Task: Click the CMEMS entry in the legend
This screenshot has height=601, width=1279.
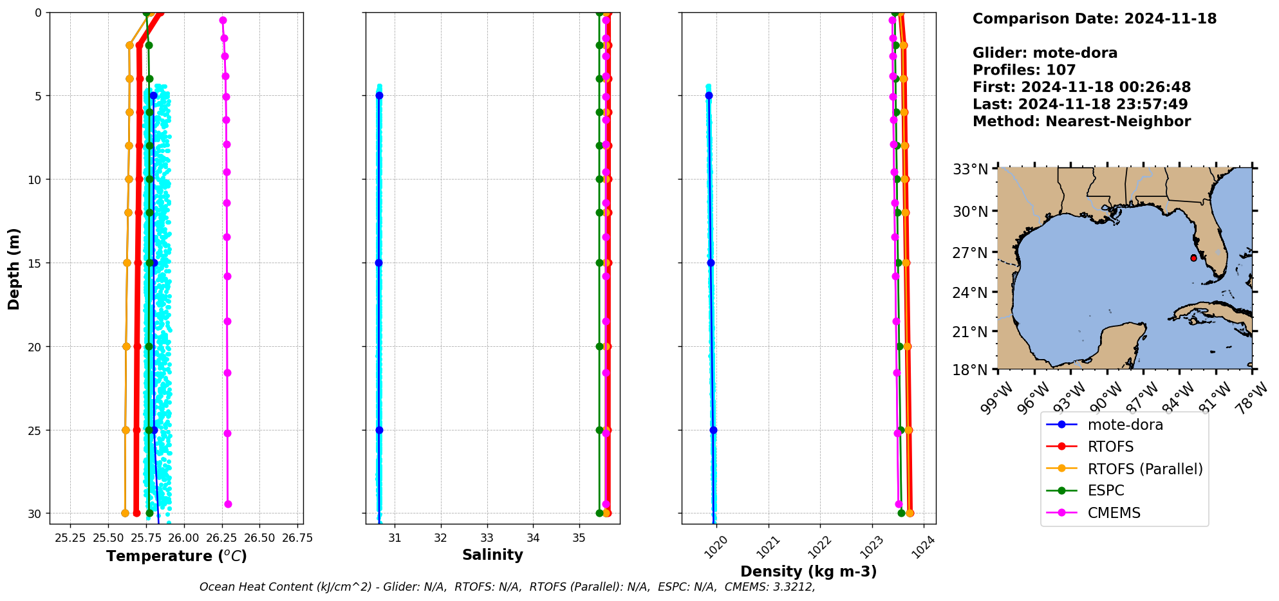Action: tap(1114, 513)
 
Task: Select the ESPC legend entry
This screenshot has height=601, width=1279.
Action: tap(1105, 490)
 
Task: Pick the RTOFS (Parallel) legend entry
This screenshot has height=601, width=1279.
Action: tap(1144, 468)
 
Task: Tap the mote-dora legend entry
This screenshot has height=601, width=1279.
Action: tap(1125, 425)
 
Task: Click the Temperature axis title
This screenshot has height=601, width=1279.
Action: tap(176, 556)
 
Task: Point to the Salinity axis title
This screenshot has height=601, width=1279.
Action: tap(492, 555)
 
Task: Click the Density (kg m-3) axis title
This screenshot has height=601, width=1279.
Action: tap(808, 571)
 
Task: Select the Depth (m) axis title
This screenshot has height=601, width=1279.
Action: tap(14, 269)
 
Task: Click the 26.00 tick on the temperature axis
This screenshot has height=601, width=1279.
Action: tap(183, 538)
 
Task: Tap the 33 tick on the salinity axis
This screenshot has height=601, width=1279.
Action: tap(487, 538)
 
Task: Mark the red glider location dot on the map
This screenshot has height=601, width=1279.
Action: tap(1193, 258)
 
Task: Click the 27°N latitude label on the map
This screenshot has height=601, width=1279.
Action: tap(970, 253)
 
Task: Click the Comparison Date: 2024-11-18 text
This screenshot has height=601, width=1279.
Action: tap(1094, 19)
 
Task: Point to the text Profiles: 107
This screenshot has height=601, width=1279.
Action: tap(1023, 70)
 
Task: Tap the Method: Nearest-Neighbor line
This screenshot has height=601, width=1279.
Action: tap(1081, 122)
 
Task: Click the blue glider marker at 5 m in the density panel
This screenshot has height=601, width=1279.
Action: tap(709, 96)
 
